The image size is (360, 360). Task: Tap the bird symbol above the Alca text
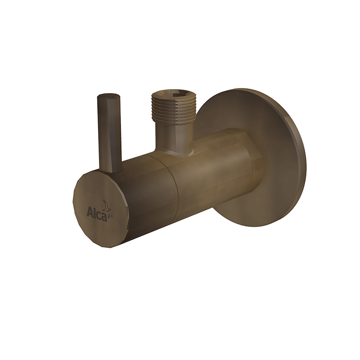[107, 205]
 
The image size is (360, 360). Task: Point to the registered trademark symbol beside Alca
[112, 216]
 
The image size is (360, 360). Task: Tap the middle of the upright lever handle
[109, 133]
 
